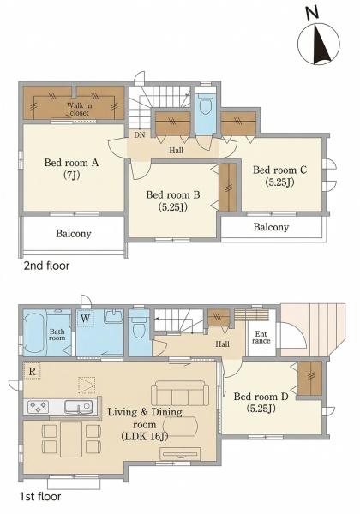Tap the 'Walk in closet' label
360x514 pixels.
coord(80,109)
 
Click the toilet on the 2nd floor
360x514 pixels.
coord(207,104)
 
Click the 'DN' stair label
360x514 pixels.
coord(140,135)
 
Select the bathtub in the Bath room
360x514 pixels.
coord(35,332)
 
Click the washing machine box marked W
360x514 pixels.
coord(85,319)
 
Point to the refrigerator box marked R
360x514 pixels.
coord(32,371)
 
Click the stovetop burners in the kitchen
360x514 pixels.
coord(38,407)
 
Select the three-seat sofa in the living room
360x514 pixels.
coord(180,393)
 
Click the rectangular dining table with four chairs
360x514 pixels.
coord(71,439)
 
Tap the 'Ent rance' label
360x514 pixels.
coord(261,338)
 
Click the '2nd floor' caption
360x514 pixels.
coord(46,266)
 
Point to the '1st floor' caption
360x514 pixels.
coord(40,497)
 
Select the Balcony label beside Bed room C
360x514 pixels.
coord(271,227)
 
